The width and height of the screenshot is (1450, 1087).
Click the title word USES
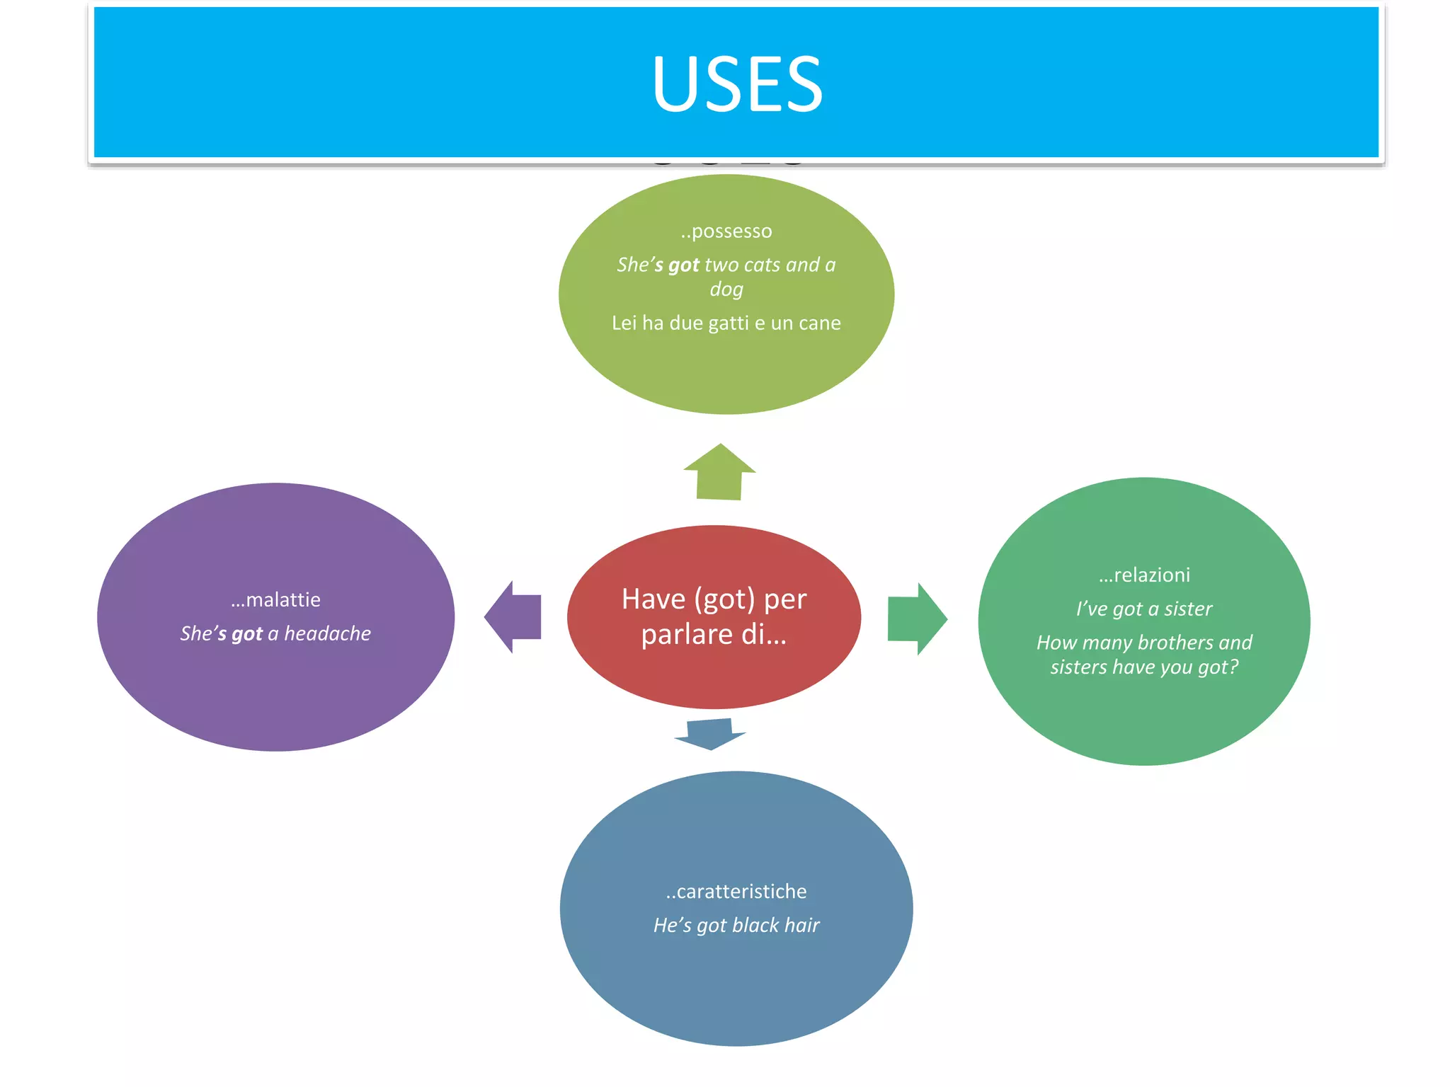[x=737, y=85]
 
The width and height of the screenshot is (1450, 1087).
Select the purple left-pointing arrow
[x=513, y=617]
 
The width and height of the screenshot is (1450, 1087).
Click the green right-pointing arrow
[x=916, y=619]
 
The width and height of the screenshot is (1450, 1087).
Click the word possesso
[x=731, y=231]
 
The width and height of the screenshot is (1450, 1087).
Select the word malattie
[x=282, y=600]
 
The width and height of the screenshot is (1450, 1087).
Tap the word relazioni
[x=1151, y=575]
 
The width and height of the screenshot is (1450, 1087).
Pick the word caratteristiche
[x=741, y=892]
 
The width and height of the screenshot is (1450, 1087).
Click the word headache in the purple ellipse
[x=327, y=633]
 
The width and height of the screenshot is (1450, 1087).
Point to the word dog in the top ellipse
[x=726, y=289]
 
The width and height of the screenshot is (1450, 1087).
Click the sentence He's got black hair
[x=736, y=926]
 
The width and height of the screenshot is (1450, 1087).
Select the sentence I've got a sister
[x=1144, y=609]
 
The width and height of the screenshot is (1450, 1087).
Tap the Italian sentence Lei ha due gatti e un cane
[x=726, y=323]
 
